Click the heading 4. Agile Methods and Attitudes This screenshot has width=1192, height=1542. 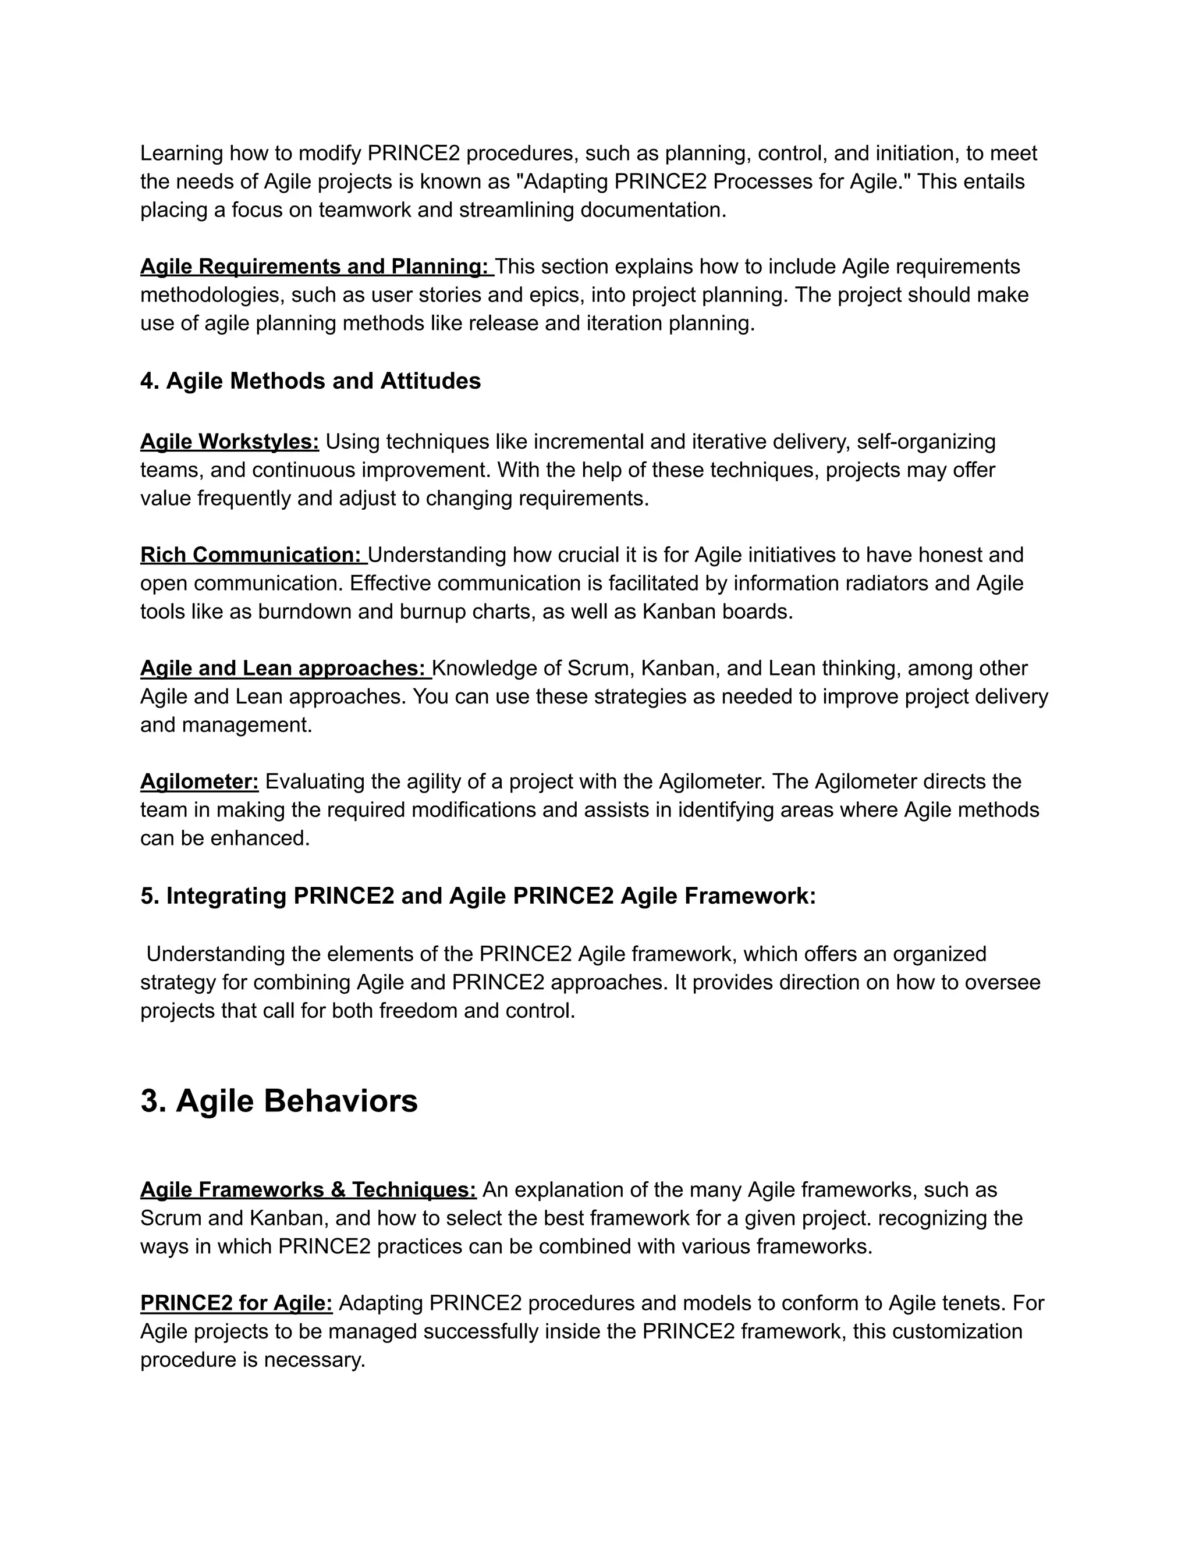310,381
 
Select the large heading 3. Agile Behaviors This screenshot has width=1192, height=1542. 279,1101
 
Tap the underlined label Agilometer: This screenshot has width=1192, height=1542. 199,781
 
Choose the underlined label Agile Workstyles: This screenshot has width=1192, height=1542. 229,442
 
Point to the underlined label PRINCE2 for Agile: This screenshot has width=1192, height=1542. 236,1303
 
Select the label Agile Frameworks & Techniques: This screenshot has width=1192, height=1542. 308,1190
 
